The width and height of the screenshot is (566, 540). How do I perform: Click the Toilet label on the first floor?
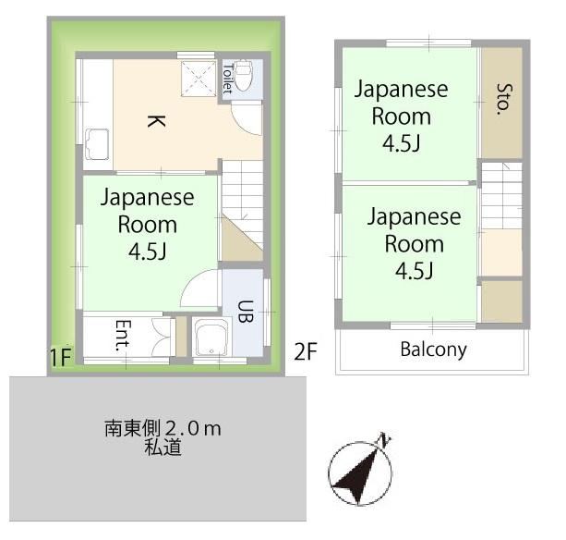pyautogui.click(x=227, y=79)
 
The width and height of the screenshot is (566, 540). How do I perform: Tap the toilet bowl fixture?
pyautogui.click(x=244, y=76)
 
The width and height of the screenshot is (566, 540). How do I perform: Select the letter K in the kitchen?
pyautogui.click(x=156, y=121)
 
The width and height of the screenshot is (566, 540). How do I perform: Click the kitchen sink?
pyautogui.click(x=97, y=144)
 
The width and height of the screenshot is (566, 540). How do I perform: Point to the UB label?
pyautogui.click(x=246, y=312)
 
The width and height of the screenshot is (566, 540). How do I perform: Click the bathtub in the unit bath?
pyautogui.click(x=211, y=337)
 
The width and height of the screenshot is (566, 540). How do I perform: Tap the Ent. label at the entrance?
pyautogui.click(x=123, y=336)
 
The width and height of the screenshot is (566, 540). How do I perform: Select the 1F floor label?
pyautogui.click(x=61, y=357)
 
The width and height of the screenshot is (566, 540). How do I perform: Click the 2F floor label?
pyautogui.click(x=306, y=351)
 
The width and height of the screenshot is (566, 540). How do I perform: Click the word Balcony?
pyautogui.click(x=433, y=350)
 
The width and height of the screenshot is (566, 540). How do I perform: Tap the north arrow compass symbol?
pyautogui.click(x=360, y=472)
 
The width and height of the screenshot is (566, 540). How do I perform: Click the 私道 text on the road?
pyautogui.click(x=163, y=448)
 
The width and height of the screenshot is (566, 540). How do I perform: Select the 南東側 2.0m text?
pyautogui.click(x=163, y=429)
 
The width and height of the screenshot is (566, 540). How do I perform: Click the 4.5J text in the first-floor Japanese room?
pyautogui.click(x=148, y=252)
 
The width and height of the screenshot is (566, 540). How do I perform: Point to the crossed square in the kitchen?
pyautogui.click(x=199, y=79)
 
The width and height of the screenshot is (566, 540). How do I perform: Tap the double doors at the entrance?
pyautogui.click(x=163, y=337)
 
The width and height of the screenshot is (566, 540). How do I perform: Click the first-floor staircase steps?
pyautogui.click(x=242, y=205)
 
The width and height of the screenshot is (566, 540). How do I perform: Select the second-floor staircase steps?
pyautogui.click(x=501, y=195)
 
